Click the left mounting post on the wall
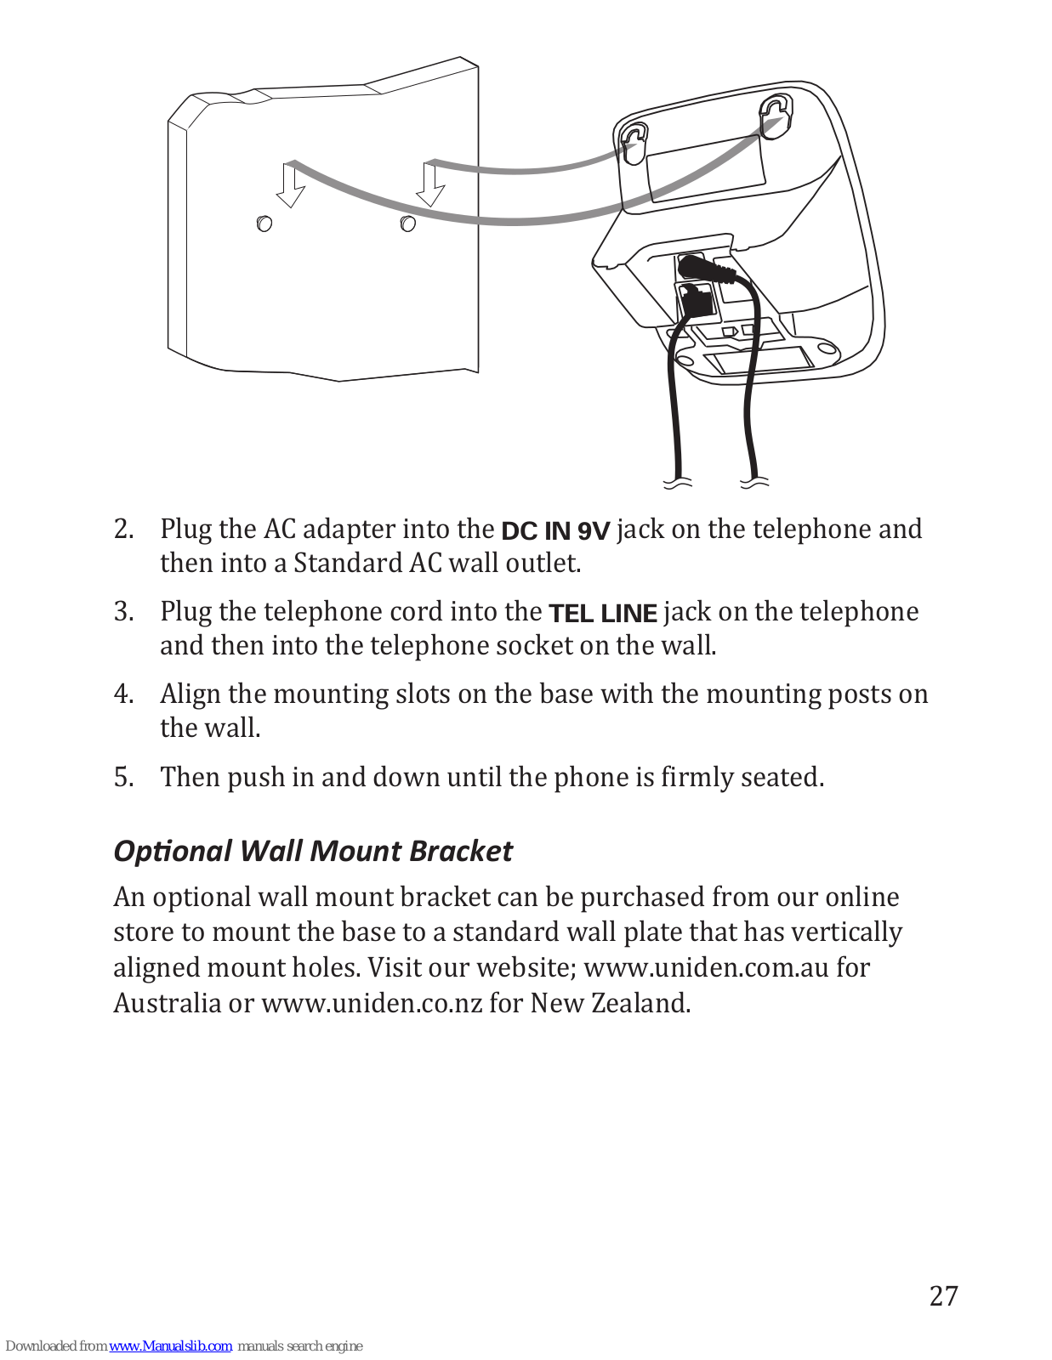(x=264, y=224)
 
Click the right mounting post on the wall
(x=408, y=224)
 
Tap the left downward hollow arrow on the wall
(x=292, y=185)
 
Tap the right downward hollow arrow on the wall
(x=431, y=184)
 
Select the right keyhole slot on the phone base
(x=776, y=114)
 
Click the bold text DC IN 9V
(x=555, y=531)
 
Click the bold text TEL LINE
(x=603, y=614)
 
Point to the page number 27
(x=943, y=1296)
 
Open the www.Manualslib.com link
(x=170, y=1346)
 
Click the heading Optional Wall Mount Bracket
(x=313, y=851)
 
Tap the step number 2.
(x=123, y=530)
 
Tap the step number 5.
(x=123, y=777)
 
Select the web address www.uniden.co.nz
(x=372, y=1003)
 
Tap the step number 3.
(x=123, y=612)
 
